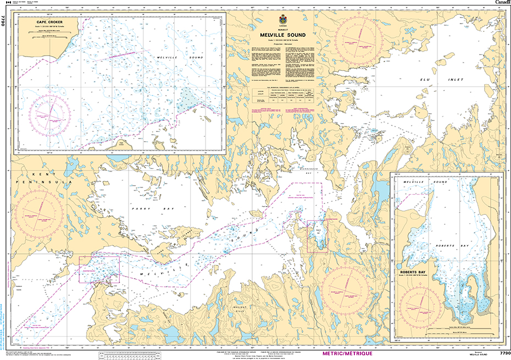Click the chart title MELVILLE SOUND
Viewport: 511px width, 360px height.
pyautogui.click(x=283, y=35)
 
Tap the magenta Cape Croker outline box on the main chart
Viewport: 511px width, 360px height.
pyautogui.click(x=99, y=269)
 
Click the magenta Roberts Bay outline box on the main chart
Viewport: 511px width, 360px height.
pyautogui.click(x=317, y=236)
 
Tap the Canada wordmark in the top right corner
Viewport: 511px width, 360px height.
pyautogui.click(x=502, y=3)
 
